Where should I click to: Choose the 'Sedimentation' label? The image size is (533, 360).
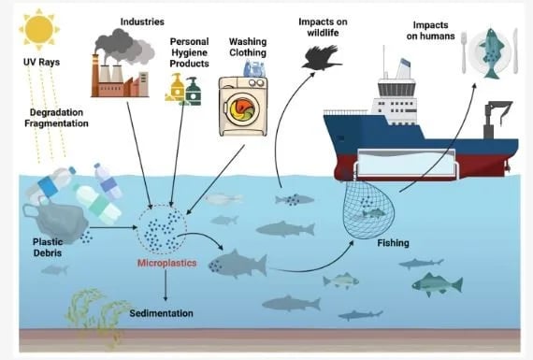pos(161,312)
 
